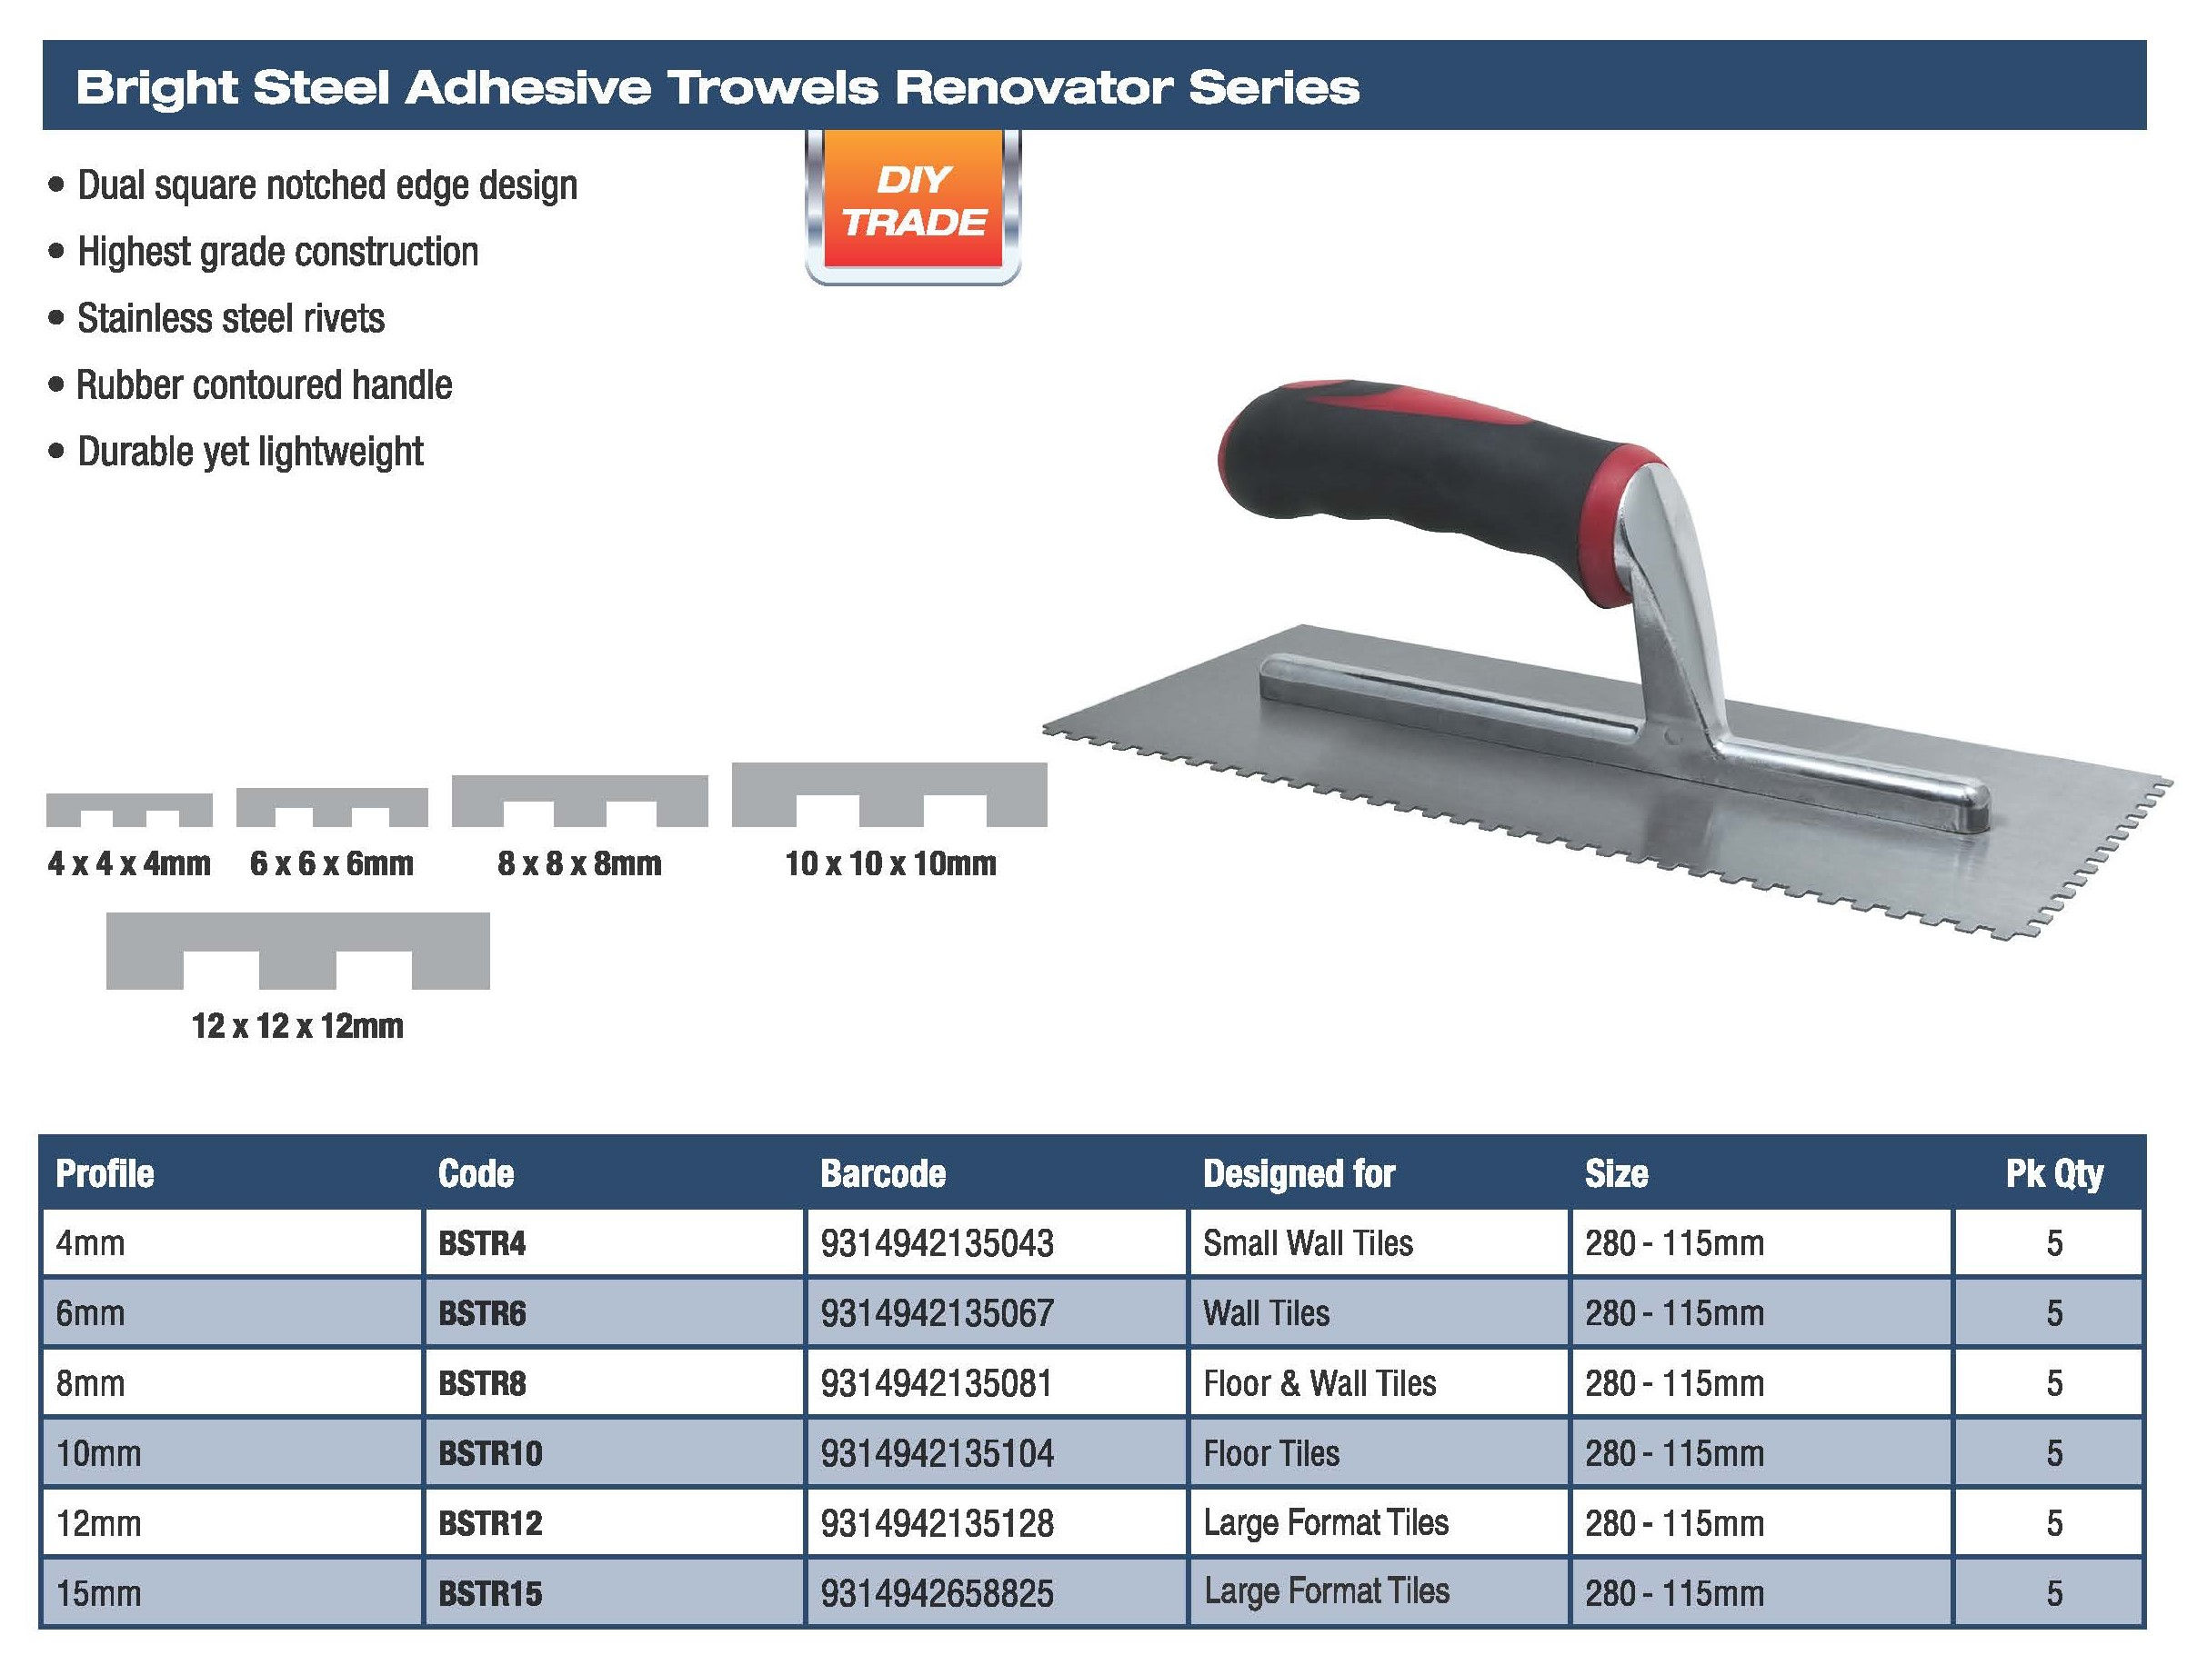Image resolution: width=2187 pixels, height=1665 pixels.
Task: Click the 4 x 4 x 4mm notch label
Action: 129,863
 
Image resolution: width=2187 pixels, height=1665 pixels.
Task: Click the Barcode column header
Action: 882,1173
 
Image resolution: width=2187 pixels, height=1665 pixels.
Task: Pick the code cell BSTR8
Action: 482,1382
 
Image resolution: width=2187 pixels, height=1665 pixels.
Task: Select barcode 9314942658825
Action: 936,1593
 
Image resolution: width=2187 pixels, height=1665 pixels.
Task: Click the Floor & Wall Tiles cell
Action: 1319,1382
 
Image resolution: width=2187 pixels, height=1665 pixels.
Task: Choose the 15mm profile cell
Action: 98,1593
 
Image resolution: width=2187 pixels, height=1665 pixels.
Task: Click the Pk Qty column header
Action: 2053,1173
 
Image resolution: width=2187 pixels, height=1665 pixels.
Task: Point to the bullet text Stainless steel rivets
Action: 231,318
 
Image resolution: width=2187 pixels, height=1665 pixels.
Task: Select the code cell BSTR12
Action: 490,1523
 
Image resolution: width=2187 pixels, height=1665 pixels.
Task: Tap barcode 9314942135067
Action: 936,1313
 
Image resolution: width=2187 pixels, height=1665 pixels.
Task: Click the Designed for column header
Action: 1299,1173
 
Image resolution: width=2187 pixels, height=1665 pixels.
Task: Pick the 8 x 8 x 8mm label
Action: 579,863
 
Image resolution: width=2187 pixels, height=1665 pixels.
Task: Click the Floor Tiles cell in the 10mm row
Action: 1271,1453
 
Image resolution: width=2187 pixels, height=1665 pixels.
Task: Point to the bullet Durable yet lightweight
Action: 250,452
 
